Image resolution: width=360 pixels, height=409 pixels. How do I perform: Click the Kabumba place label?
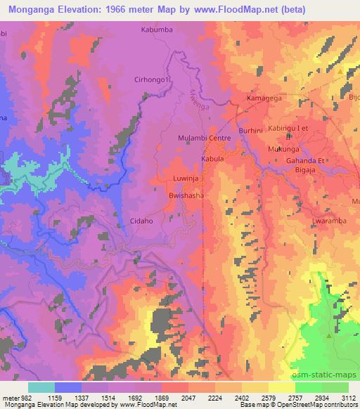pyautogui.click(x=157, y=30)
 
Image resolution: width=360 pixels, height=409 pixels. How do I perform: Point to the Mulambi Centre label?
pyautogui.click(x=205, y=138)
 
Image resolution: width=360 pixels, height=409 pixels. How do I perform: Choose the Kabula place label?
pyautogui.click(x=212, y=160)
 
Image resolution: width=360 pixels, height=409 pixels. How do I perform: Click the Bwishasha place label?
pyautogui.click(x=186, y=197)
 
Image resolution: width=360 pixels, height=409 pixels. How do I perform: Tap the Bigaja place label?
pyautogui.click(x=314, y=169)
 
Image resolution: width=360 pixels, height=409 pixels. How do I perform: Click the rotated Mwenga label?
pyautogui.click(x=200, y=96)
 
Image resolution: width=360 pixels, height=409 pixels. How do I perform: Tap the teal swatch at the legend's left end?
pyautogui.click(x=41, y=387)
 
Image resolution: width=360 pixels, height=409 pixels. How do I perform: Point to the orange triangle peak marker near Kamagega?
pyautogui.click(x=340, y=72)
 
